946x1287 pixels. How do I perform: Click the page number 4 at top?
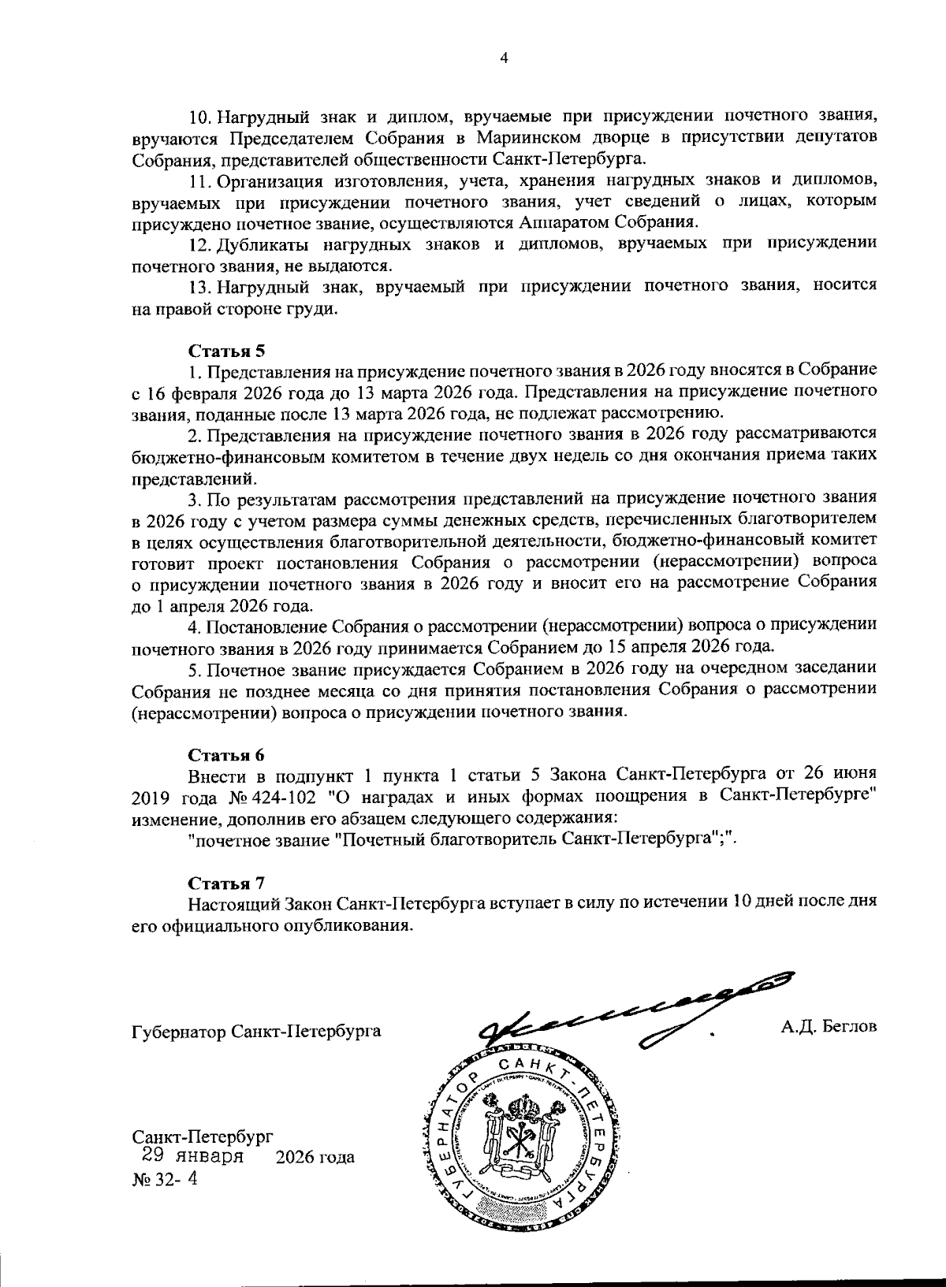(505, 57)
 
